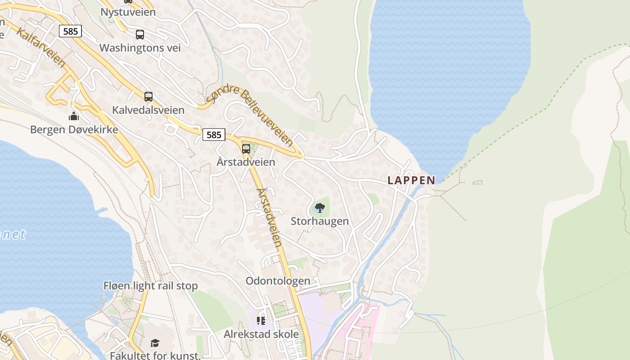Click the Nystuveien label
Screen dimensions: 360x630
point(128,12)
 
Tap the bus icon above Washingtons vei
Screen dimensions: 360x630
point(140,34)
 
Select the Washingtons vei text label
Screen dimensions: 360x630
point(140,48)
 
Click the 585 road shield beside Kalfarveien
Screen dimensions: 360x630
point(70,31)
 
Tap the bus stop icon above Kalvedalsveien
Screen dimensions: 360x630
point(148,96)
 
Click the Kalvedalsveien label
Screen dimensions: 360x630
point(148,110)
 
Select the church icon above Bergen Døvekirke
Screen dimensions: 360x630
point(74,117)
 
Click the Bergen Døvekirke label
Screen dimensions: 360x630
point(74,130)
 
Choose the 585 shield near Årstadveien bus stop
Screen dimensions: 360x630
point(214,134)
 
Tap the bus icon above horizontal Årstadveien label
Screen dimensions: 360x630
point(246,148)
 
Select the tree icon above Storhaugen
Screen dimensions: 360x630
point(319,208)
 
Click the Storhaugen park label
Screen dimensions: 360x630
point(319,221)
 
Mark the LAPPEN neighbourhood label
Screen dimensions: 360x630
point(411,180)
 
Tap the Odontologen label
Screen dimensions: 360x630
point(278,281)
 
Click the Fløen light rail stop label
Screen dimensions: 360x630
point(150,286)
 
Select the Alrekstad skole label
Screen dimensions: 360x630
point(261,334)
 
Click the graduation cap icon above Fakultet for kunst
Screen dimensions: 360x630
point(155,343)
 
